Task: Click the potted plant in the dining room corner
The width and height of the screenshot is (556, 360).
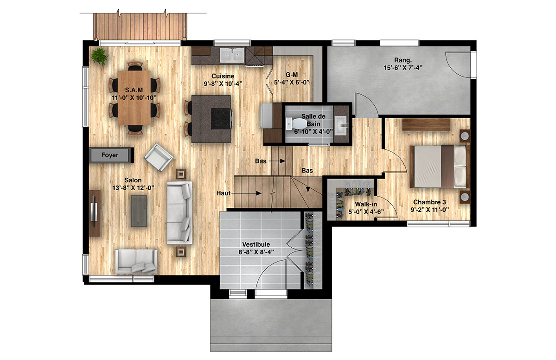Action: coord(99,56)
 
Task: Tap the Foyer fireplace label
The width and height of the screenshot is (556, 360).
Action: coord(110,155)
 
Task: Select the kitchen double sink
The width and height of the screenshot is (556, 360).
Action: coord(232,55)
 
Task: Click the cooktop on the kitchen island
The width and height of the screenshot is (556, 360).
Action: coord(222,118)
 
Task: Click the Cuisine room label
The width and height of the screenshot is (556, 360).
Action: coord(223,76)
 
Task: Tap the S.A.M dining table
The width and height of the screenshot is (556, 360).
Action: coord(134,97)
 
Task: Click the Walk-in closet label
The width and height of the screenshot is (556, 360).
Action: coord(366,204)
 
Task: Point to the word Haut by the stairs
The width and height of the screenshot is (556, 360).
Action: coord(223,193)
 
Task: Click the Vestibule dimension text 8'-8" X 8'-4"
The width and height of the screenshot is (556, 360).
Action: coord(256,252)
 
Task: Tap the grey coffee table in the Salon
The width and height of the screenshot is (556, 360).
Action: coord(139,211)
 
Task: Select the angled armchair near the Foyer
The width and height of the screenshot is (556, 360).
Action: coord(158,157)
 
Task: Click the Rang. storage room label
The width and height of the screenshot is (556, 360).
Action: coord(403,60)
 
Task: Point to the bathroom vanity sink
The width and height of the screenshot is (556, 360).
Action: coord(341,125)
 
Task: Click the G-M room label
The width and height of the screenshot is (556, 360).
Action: coord(292,75)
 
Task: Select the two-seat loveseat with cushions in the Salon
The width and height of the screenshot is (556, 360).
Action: coord(136,261)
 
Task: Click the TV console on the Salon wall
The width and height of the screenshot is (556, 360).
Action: coord(95,213)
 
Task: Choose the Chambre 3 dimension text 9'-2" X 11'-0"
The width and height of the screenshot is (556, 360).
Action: coord(429,210)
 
